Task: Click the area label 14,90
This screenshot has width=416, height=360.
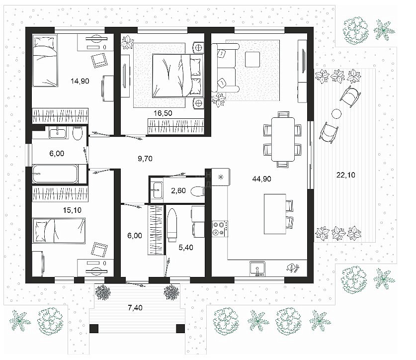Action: [80, 81]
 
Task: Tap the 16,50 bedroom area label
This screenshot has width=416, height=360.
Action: [163, 113]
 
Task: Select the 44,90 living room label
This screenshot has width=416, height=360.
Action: [261, 179]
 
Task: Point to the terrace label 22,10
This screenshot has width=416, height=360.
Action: [346, 175]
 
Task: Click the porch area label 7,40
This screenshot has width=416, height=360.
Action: [135, 308]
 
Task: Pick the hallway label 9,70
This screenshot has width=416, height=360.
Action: [145, 159]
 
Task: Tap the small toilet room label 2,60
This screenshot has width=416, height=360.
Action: [178, 190]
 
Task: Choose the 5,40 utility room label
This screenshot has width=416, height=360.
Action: [186, 248]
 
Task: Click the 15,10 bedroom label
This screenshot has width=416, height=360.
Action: [72, 210]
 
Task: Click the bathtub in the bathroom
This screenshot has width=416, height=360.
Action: [55, 174]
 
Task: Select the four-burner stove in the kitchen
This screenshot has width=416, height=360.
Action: [220, 229]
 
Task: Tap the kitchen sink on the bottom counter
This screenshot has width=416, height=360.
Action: [257, 269]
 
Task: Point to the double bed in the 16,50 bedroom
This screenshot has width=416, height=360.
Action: [178, 76]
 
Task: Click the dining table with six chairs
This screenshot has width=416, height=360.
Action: [283, 139]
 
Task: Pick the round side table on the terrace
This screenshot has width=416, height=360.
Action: [336, 114]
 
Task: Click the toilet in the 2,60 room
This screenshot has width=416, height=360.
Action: [198, 191]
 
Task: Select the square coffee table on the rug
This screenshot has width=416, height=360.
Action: [252, 60]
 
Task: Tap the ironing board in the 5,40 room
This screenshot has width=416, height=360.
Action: [172, 225]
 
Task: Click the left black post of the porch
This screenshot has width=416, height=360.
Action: [94, 329]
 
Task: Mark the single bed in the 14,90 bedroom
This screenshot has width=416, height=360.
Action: [45, 61]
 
